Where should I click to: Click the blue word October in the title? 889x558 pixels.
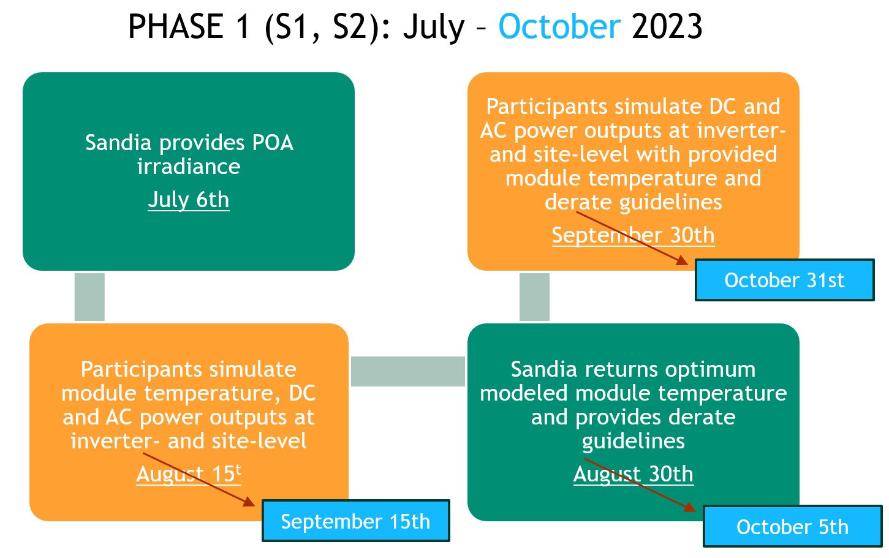click(x=559, y=27)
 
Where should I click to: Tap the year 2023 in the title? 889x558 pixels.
click(x=667, y=27)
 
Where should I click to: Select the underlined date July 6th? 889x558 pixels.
click(x=189, y=200)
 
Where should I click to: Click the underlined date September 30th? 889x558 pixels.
click(x=633, y=235)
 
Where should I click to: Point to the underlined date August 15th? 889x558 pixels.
click(x=189, y=474)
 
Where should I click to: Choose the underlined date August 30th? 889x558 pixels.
click(x=633, y=474)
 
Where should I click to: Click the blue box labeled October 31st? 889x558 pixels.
click(x=784, y=280)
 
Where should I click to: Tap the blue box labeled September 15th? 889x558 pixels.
click(x=355, y=521)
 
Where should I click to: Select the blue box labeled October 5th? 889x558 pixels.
click(x=792, y=527)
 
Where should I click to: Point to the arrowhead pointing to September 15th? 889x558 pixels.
click(x=249, y=502)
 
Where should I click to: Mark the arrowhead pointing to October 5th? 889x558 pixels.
click(x=690, y=507)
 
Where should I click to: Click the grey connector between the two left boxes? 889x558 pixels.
click(x=89, y=297)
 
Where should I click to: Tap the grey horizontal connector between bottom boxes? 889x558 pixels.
click(x=408, y=371)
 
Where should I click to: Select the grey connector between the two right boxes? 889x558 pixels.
click(x=534, y=297)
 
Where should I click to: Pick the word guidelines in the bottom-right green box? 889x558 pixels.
click(x=633, y=441)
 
